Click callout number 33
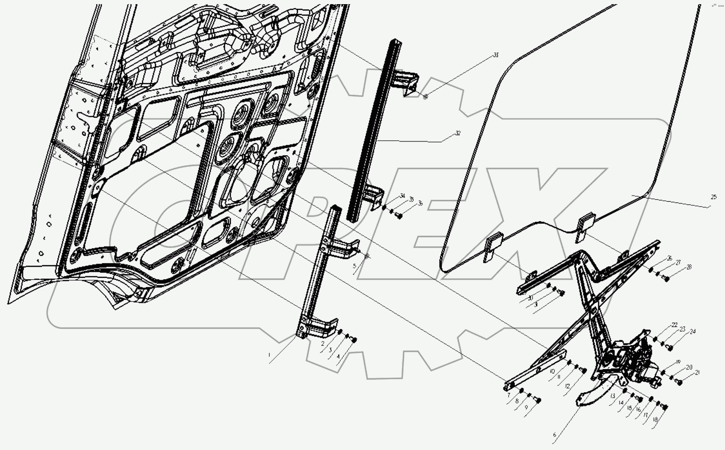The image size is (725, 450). tap(496, 55)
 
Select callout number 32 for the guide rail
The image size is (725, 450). tap(458, 133)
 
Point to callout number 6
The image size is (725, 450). tap(554, 435)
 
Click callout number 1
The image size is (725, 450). tap(269, 355)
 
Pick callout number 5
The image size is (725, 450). tap(354, 266)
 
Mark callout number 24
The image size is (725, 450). tap(692, 332)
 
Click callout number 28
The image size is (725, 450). tap(689, 267)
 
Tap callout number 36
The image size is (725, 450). tap(420, 204)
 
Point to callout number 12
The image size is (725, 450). tap(567, 386)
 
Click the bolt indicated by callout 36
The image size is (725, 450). tap(400, 216)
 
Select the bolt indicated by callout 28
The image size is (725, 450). tap(666, 279)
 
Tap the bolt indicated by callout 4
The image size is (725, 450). tap(354, 340)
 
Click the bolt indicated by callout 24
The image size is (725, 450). tap(670, 348)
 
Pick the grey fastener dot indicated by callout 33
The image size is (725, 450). tap(425, 97)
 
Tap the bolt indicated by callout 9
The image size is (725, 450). tap(538, 400)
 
